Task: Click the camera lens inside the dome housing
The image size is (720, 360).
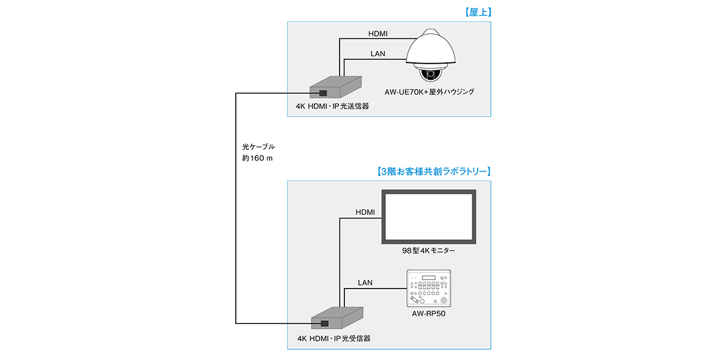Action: (x=430, y=75)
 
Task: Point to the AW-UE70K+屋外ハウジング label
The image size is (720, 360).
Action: (x=430, y=92)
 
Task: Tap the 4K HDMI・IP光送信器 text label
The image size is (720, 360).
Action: (x=332, y=106)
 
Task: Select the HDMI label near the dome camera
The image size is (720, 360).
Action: (x=377, y=34)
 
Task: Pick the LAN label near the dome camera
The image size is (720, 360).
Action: (x=377, y=53)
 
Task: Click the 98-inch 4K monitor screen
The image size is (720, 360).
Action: (x=430, y=216)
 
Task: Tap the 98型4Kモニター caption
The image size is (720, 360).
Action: (x=428, y=250)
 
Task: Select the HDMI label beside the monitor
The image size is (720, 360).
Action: (x=365, y=212)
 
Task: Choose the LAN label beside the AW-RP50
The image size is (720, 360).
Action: (x=365, y=282)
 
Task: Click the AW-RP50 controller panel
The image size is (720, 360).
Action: (x=428, y=289)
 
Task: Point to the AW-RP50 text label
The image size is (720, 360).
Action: (x=428, y=314)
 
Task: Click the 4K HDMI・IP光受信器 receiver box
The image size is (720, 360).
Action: (x=337, y=318)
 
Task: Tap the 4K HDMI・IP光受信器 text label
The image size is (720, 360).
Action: (x=334, y=338)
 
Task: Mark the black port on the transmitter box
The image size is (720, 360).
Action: (x=323, y=93)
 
